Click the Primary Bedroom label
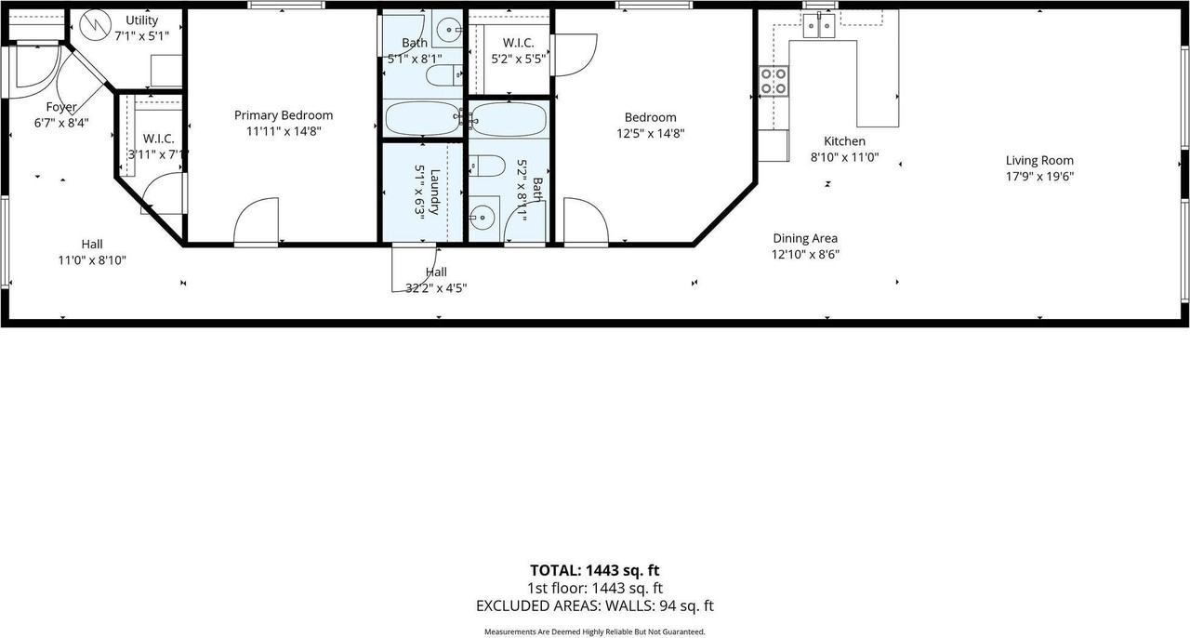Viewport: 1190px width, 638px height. [284, 115]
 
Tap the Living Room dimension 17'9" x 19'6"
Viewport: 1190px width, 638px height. [1039, 177]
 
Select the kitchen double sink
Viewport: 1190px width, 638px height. [819, 25]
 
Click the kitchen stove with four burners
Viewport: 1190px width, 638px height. [773, 81]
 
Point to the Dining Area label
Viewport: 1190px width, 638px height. [805, 238]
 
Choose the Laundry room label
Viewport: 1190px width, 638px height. [435, 192]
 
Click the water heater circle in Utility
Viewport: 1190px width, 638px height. [95, 25]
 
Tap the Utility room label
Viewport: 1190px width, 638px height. [142, 20]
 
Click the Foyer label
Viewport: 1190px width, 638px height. [61, 107]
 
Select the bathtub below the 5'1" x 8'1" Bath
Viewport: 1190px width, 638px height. [423, 118]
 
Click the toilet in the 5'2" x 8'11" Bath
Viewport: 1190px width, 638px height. [487, 166]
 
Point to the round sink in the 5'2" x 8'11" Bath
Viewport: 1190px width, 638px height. [483, 217]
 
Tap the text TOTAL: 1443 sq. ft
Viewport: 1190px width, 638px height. [594, 570]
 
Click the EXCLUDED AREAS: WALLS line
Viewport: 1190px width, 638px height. [594, 606]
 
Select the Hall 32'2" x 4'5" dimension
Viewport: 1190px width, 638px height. [436, 288]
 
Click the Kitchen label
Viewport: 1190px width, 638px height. [845, 141]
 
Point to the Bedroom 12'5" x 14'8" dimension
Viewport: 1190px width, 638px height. [650, 133]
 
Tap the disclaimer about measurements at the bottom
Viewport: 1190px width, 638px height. [594, 631]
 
